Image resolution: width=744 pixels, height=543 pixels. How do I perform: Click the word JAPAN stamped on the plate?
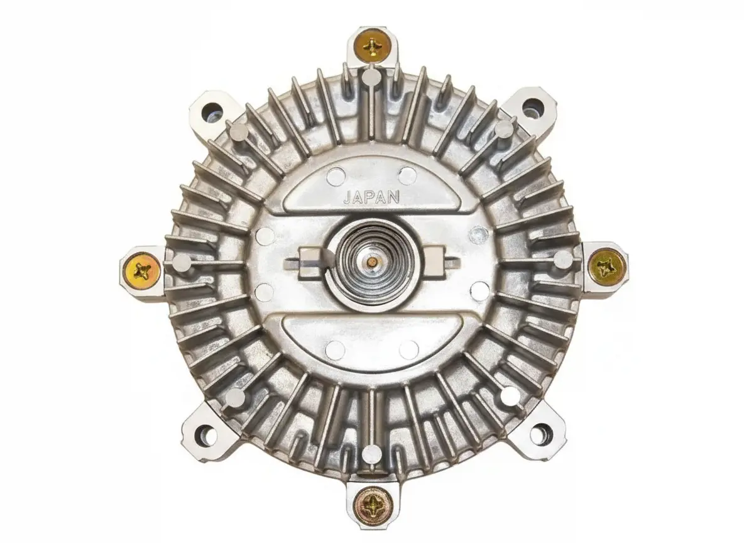point(371,197)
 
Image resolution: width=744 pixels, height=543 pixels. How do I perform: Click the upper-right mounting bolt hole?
point(532,107)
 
